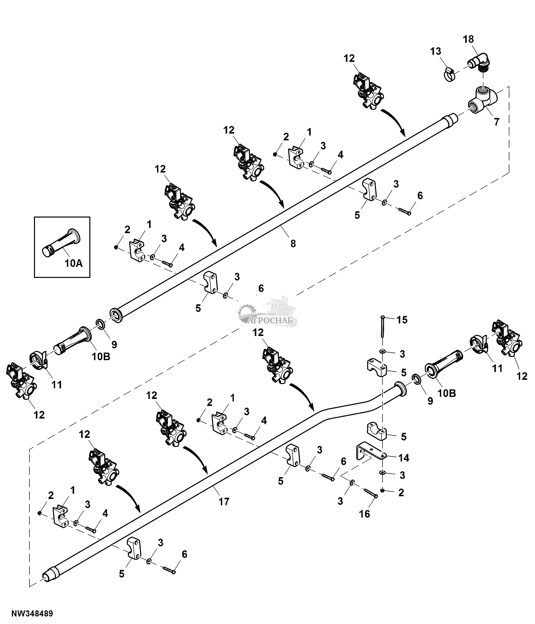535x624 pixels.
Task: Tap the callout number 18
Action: point(468,39)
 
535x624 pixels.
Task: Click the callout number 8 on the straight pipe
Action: point(293,243)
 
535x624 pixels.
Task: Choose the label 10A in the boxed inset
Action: point(73,263)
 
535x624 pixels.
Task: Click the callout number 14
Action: point(404,458)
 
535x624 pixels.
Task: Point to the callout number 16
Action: point(364,514)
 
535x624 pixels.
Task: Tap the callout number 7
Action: point(496,122)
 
